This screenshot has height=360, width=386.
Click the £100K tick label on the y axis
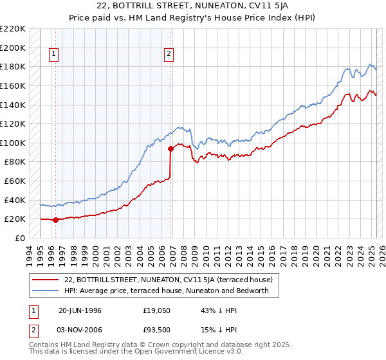point(13,143)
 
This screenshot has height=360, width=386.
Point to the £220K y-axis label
point(13,29)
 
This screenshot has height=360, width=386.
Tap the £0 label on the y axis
point(19,238)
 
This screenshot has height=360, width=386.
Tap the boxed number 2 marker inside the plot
point(169,55)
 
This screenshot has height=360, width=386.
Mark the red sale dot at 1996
point(55,220)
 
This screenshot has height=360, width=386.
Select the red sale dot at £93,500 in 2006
point(171,149)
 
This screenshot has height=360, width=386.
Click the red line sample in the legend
point(46,280)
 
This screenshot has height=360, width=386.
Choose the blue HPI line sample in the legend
point(46,291)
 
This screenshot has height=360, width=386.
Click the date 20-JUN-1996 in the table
point(80,310)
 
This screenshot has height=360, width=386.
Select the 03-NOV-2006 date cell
point(80,330)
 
